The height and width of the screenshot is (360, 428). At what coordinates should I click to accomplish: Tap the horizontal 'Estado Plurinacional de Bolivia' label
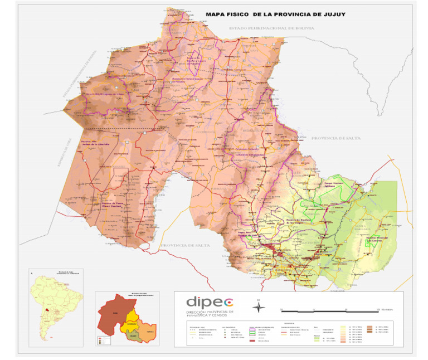point(272,27)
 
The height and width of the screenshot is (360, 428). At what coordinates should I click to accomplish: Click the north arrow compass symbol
point(259,306)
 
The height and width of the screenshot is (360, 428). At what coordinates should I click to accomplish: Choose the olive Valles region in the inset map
point(133,335)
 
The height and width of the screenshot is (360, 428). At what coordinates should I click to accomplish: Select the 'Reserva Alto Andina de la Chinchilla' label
point(101,143)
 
